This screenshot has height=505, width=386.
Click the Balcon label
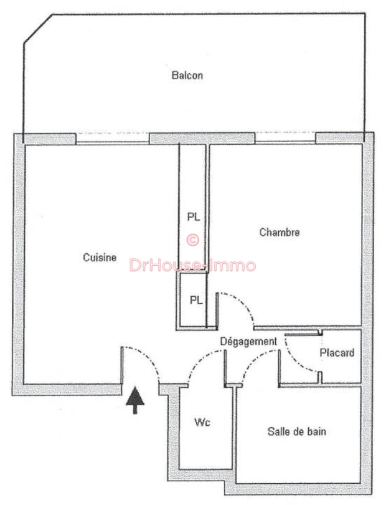[x=187, y=75]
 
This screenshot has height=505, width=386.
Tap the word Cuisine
[x=100, y=257]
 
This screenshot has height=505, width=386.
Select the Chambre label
[x=280, y=232]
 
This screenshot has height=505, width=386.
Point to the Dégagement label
[x=248, y=342]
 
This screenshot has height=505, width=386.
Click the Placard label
[x=337, y=353]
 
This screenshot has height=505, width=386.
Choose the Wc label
[x=202, y=422]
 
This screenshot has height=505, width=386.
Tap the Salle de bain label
[x=296, y=431]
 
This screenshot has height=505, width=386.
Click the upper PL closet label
[x=194, y=217]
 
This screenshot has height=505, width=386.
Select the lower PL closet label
[x=196, y=300]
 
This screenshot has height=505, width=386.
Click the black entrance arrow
[x=135, y=400]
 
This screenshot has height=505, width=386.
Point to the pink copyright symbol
[x=193, y=239]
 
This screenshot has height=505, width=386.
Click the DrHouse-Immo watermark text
[x=192, y=266]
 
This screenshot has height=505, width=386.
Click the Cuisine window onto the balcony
[x=113, y=138]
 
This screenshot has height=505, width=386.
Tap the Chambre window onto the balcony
[x=285, y=138]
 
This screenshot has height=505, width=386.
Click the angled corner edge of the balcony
[x=38, y=28]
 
